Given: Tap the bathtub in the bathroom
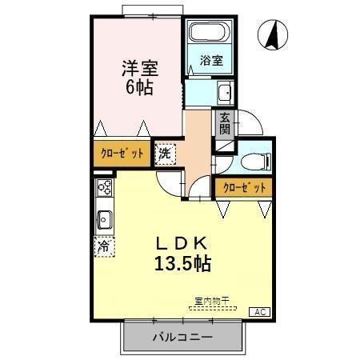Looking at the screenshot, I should pos(210,34).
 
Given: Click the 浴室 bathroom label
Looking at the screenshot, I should pos(210,60).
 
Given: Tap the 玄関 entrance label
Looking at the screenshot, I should pos(224,122).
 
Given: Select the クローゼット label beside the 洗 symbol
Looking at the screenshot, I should pos(122,154).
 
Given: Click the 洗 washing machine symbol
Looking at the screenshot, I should pos(165,153).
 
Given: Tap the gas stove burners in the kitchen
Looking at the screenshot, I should pos(104,189).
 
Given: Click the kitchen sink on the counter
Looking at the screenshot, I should pos(103,217).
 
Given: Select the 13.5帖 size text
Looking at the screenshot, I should pos(183,262).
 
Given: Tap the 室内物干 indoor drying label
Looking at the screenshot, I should pos(211,300).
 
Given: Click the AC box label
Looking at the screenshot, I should pos(261,312).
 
